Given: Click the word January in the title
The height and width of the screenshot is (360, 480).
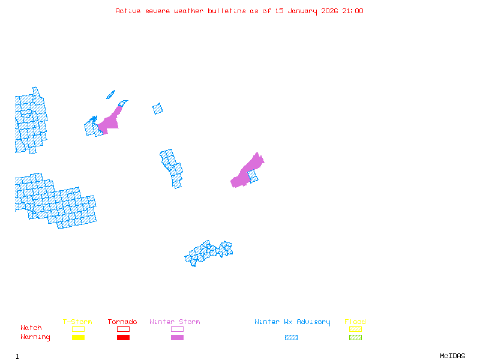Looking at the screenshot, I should [x=306, y=11].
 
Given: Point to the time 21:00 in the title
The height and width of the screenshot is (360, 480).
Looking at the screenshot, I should [x=353, y=11].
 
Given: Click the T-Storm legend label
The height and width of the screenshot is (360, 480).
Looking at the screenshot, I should [x=77, y=322].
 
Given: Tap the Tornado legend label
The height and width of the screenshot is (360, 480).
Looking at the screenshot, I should [x=122, y=322].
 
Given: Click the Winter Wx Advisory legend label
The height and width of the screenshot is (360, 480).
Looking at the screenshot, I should [x=292, y=322].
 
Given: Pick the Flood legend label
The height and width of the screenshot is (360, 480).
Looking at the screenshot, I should [x=355, y=322].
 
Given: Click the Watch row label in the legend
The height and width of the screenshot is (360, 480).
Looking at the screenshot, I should [x=31, y=328].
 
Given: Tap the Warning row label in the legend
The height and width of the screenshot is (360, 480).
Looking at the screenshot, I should [x=35, y=337].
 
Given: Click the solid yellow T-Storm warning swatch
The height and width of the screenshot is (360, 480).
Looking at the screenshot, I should [x=78, y=338].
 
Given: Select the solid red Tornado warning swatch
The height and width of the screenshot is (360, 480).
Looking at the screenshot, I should [x=123, y=338].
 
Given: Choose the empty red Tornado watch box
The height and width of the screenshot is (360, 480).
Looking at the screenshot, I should [x=123, y=329].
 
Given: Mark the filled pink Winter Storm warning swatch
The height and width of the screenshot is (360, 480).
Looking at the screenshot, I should [x=177, y=338].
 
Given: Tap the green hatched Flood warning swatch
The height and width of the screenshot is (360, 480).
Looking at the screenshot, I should [x=355, y=338].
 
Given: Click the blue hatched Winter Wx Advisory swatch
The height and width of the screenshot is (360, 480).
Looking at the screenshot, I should [x=291, y=338].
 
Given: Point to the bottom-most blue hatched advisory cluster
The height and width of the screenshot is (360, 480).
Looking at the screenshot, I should [x=209, y=252].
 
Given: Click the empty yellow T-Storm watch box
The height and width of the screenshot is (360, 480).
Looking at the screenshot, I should [x=78, y=329].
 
